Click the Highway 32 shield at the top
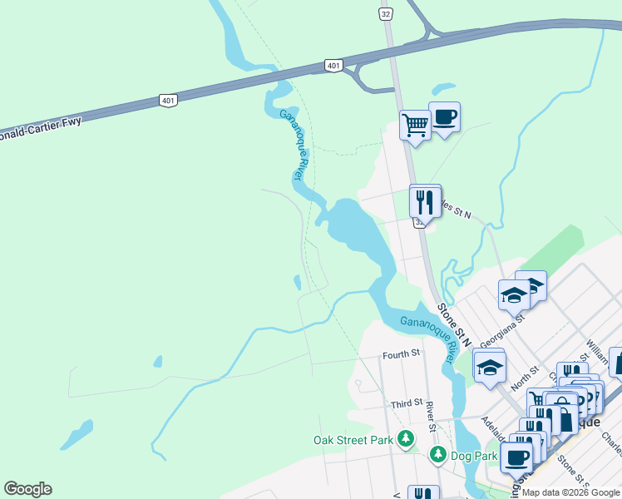384,14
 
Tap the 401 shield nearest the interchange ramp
333,66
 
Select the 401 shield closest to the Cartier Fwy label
167,100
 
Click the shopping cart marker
414,126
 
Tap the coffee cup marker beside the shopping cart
444,117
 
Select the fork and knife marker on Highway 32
425,200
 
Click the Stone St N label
454,325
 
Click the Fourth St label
401,354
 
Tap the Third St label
407,404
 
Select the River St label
431,417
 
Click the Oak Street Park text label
353,440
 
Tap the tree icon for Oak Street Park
405,438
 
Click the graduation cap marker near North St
490,366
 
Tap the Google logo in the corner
27,489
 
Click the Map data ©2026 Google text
571,492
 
